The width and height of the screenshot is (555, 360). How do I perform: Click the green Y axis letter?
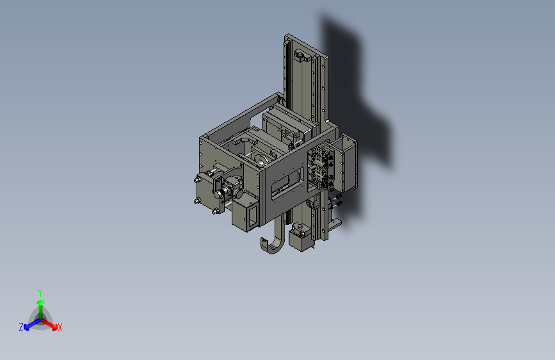(x=40, y=291)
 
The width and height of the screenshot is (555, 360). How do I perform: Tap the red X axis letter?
(x=60, y=328)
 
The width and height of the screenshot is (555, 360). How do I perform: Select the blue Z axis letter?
(x=20, y=327)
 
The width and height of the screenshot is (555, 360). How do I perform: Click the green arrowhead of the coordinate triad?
(x=40, y=302)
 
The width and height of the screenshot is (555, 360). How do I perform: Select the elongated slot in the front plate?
(x=289, y=184)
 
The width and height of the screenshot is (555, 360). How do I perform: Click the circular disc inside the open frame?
(x=261, y=158)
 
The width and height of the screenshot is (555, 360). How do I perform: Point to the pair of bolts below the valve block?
(x=337, y=202)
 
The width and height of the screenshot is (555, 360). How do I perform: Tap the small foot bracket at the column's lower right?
(x=334, y=225)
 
